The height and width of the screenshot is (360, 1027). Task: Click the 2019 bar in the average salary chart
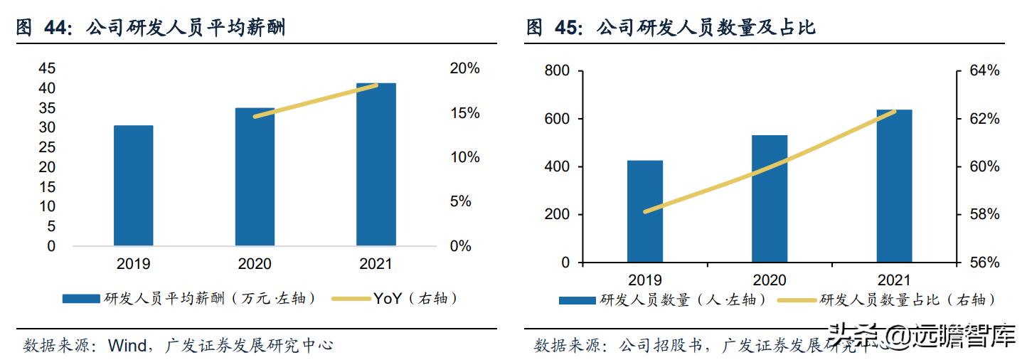(133, 186)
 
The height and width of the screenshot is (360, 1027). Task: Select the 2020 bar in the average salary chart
(255, 177)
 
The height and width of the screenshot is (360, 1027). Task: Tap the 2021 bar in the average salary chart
(376, 164)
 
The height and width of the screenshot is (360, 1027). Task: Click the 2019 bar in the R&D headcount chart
(645, 211)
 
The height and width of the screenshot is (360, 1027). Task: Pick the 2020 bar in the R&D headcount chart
(770, 198)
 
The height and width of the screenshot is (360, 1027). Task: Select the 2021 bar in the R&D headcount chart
(894, 186)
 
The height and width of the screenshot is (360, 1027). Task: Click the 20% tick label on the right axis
(464, 69)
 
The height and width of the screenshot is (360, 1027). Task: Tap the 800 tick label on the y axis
(557, 71)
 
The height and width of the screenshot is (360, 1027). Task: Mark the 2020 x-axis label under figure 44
(255, 264)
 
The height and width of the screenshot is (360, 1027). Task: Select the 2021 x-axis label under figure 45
(894, 280)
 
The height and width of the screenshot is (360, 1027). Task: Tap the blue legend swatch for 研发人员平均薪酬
(80, 299)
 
